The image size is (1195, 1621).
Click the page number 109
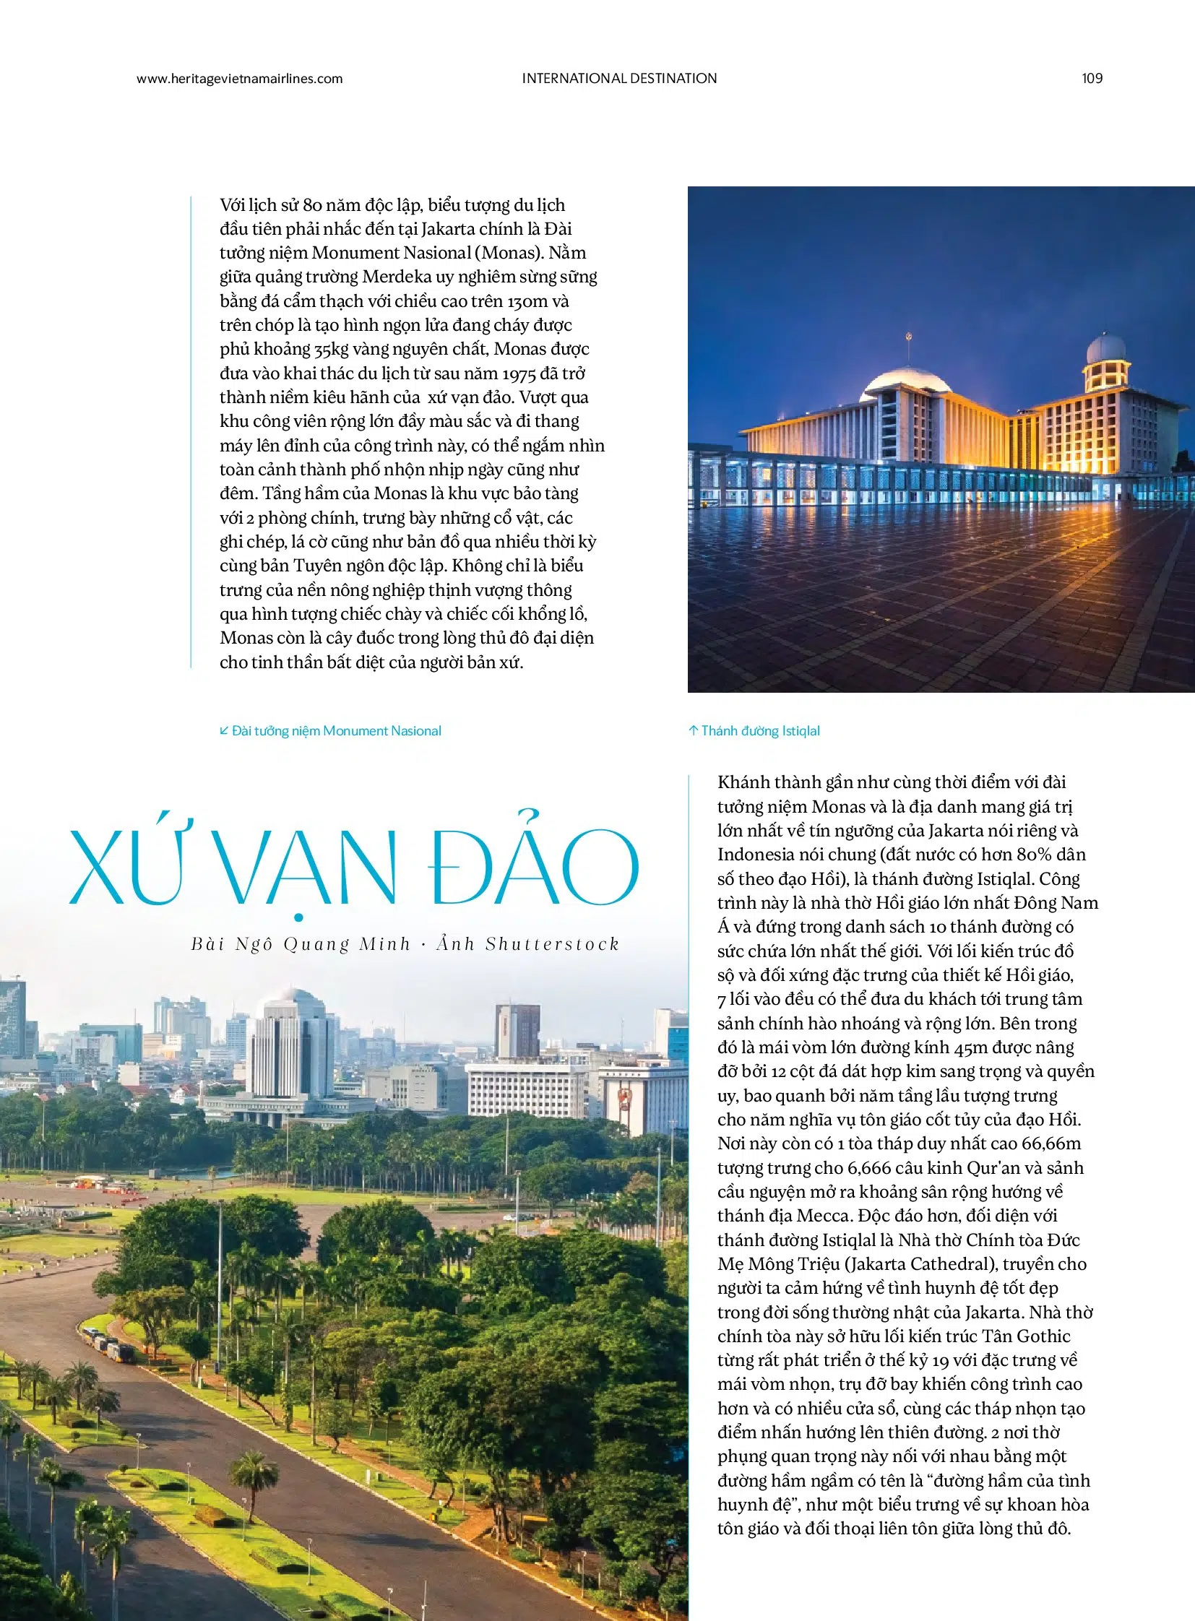click(x=1092, y=79)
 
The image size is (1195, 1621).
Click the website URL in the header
click(x=239, y=79)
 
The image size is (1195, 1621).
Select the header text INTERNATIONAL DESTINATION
click(x=619, y=79)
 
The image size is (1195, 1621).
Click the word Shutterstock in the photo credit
click(x=553, y=944)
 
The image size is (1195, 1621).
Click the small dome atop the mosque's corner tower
click(x=1106, y=348)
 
